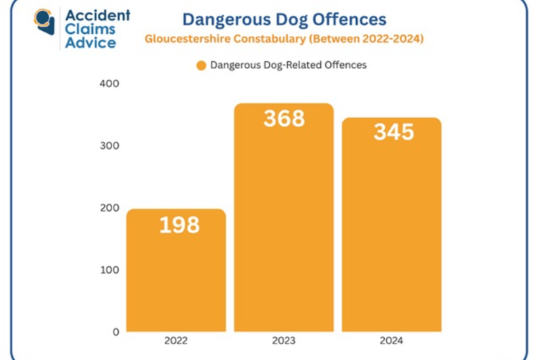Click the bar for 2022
tap(176, 270)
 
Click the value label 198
tap(179, 225)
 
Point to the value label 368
tap(284, 119)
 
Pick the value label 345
tap(394, 132)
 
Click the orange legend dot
tap(201, 66)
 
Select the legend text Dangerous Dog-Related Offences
tap(288, 65)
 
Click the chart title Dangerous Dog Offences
tap(284, 19)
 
